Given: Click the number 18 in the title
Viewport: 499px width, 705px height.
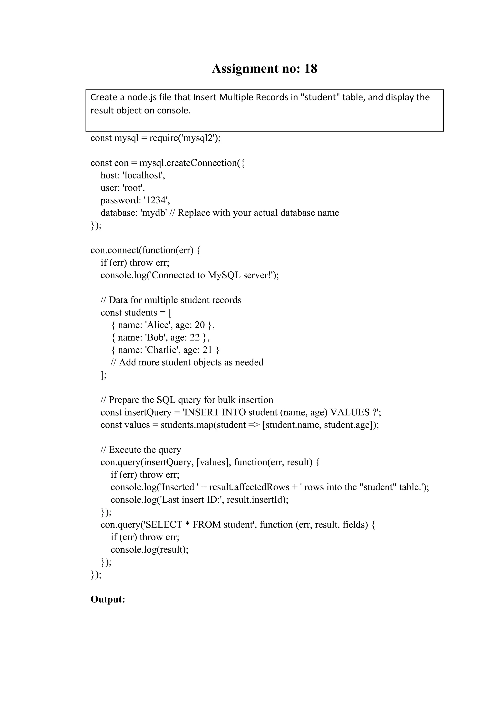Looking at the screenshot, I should point(310,68).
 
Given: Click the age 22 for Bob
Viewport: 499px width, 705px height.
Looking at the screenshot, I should point(194,337).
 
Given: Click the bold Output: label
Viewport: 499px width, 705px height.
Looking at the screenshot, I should point(107,599).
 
